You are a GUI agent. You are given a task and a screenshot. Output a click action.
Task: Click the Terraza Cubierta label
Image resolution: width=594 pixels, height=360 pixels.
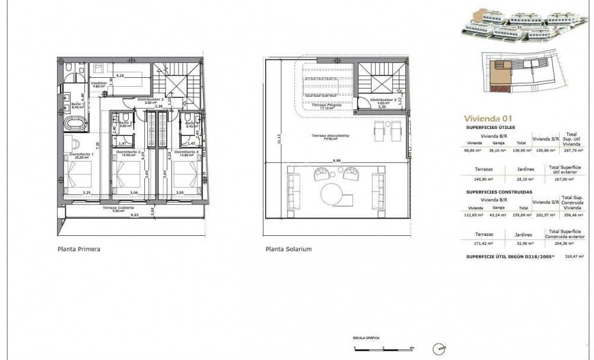117,207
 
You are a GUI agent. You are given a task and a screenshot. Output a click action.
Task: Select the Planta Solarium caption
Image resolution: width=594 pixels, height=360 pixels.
288,250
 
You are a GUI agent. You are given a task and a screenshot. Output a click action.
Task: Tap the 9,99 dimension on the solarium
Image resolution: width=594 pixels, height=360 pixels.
337,160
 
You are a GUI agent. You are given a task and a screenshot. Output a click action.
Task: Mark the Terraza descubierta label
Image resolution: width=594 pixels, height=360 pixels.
331,136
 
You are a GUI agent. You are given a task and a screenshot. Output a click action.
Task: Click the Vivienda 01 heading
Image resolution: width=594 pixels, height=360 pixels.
480,118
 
